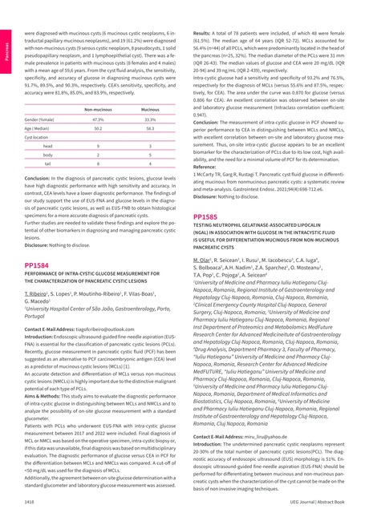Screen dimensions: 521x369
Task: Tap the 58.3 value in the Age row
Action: pos(150,127)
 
